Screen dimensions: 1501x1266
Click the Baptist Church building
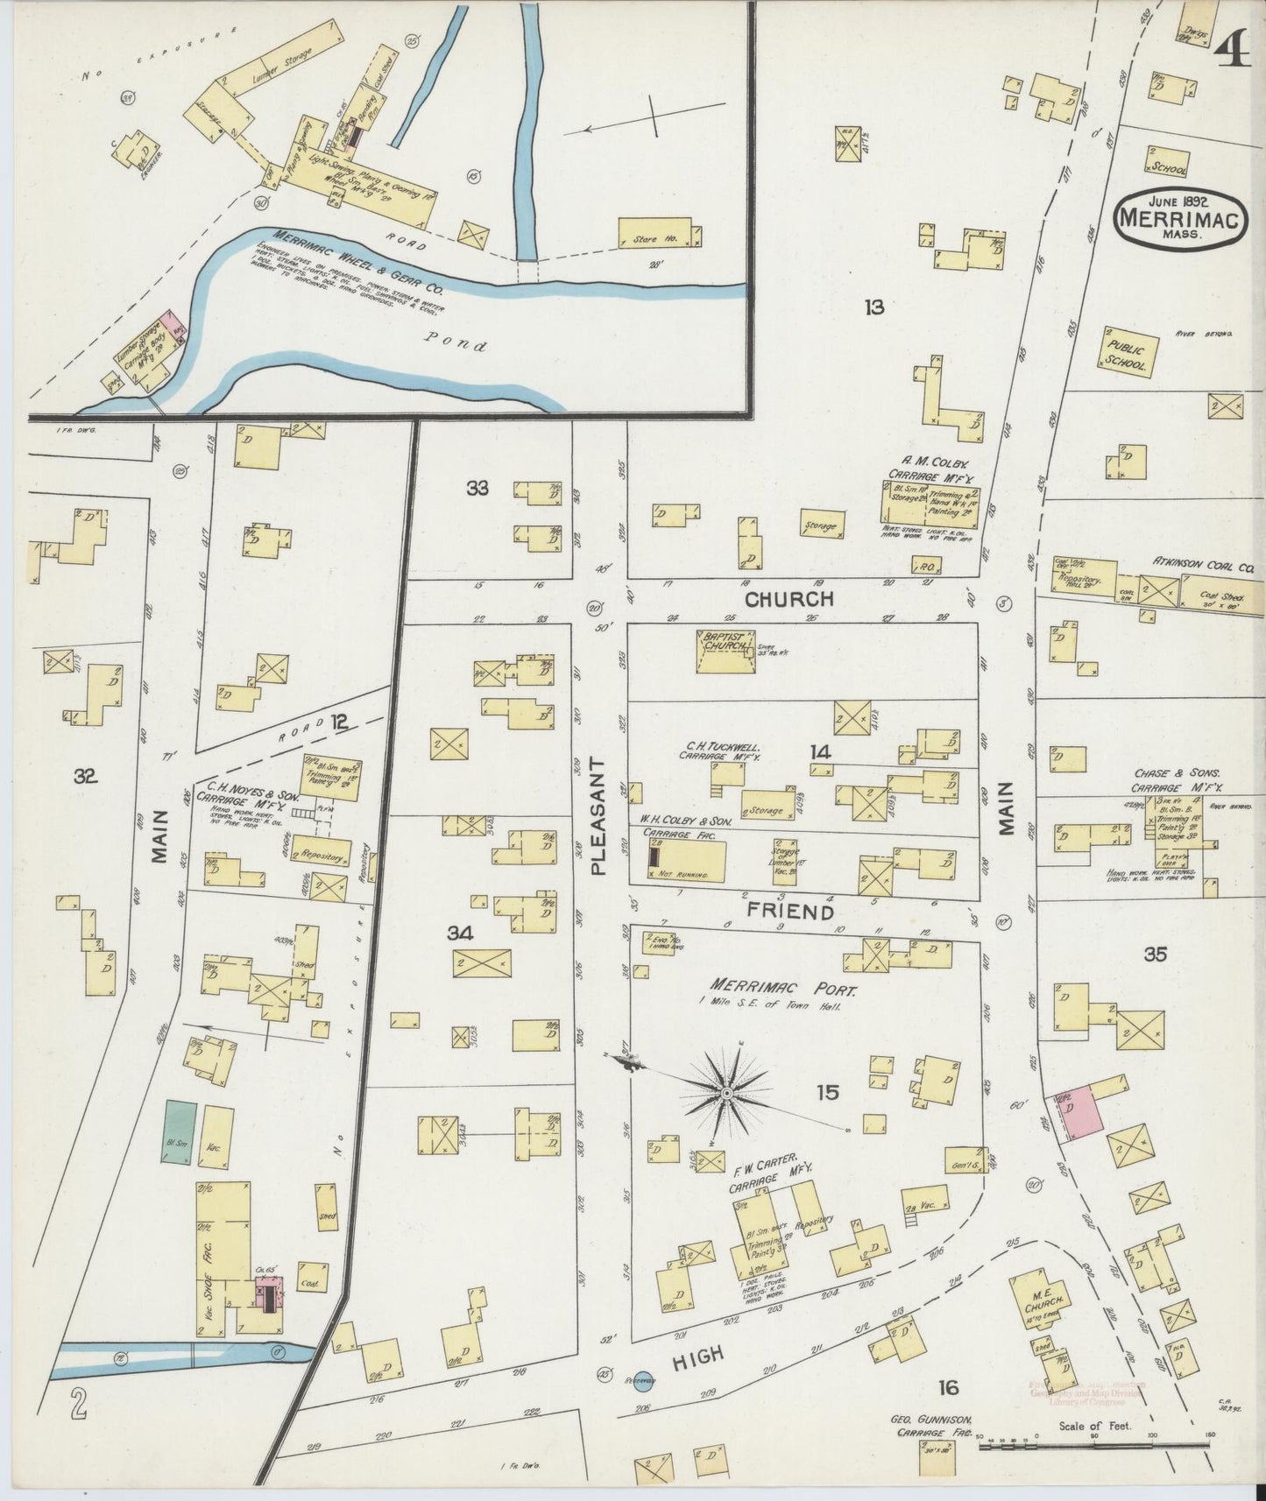pyautogui.click(x=725, y=651)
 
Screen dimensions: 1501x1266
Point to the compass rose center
pyautogui.click(x=726, y=1095)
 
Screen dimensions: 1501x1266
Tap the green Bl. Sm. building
pyautogui.click(x=179, y=1131)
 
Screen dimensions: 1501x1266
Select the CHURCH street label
pyautogui.click(x=789, y=600)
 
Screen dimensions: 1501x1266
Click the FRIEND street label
pyautogui.click(x=789, y=912)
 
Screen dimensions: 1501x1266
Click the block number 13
pyautogui.click(x=873, y=307)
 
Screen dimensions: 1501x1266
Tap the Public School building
pyautogui.click(x=1128, y=352)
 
